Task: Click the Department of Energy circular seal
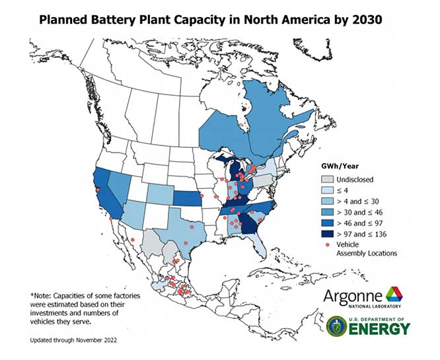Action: point(336,326)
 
